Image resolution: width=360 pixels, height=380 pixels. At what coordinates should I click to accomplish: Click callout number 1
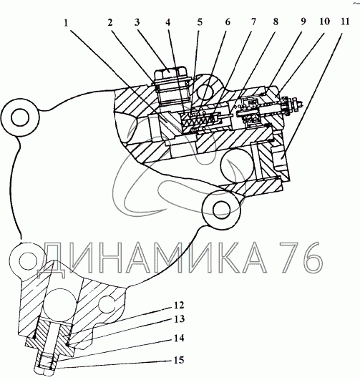point(66,24)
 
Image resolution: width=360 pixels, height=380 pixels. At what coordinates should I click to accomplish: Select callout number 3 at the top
point(137,22)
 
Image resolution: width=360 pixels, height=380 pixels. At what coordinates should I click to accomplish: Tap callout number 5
point(200,22)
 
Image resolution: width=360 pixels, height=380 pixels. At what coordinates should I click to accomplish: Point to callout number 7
point(253,22)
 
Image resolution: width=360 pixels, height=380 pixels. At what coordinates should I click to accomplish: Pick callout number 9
point(303,21)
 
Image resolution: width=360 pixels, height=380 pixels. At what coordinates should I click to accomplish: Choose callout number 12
point(179,306)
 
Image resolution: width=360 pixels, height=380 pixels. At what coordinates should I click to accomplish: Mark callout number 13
point(179,319)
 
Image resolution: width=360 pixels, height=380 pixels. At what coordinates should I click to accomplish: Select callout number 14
point(179,338)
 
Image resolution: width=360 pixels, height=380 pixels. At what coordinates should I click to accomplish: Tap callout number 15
point(179,360)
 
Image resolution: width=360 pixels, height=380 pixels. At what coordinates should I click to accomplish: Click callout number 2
point(110,23)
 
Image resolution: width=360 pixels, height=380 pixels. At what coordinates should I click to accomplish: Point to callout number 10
point(324,21)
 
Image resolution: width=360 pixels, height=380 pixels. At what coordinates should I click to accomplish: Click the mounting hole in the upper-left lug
point(20,117)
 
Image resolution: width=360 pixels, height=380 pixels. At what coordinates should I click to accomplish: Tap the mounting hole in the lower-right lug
point(221,210)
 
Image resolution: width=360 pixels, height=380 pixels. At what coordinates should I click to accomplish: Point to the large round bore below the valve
point(237,165)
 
